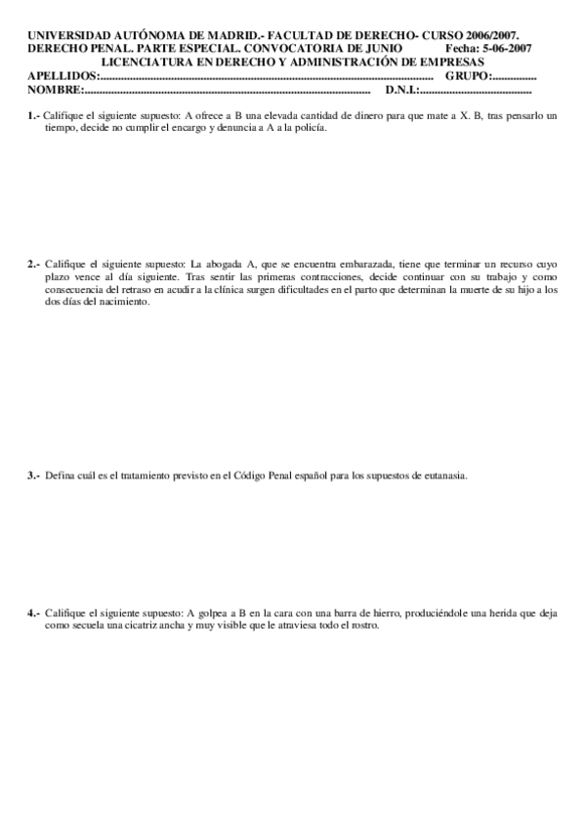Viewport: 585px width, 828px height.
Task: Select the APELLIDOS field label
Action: [63, 75]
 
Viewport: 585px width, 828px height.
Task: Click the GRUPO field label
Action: [468, 75]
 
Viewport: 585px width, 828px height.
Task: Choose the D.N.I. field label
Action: [402, 90]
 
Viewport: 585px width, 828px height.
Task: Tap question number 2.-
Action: [34, 264]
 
